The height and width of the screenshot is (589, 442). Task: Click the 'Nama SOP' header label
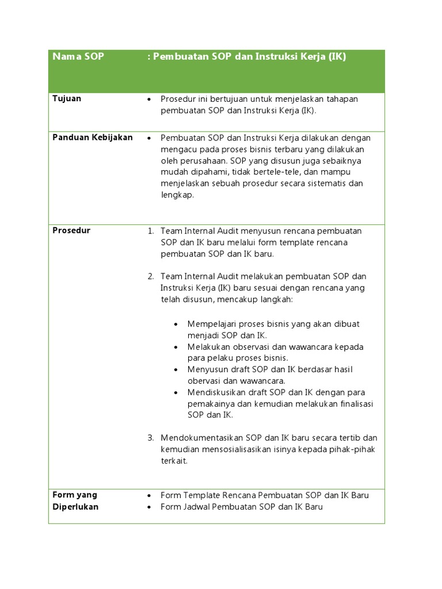[x=78, y=57]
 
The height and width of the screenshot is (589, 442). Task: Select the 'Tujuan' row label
[x=67, y=98]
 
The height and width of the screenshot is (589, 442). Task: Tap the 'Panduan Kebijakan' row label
[x=93, y=137]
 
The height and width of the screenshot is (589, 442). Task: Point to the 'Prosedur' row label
[x=71, y=230]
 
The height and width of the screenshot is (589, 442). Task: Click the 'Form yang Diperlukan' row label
[x=75, y=500]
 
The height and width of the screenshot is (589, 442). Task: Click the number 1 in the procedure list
[x=150, y=231]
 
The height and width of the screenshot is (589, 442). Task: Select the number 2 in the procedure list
[x=150, y=277]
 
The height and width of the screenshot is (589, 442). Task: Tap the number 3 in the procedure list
[x=150, y=438]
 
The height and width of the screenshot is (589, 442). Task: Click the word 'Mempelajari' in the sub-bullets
[x=213, y=324]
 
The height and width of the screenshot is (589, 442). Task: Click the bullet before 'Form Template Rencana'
[x=150, y=495]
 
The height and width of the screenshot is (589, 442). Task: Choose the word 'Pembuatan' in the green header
[x=181, y=57]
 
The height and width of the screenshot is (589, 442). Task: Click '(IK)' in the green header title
[x=337, y=57]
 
